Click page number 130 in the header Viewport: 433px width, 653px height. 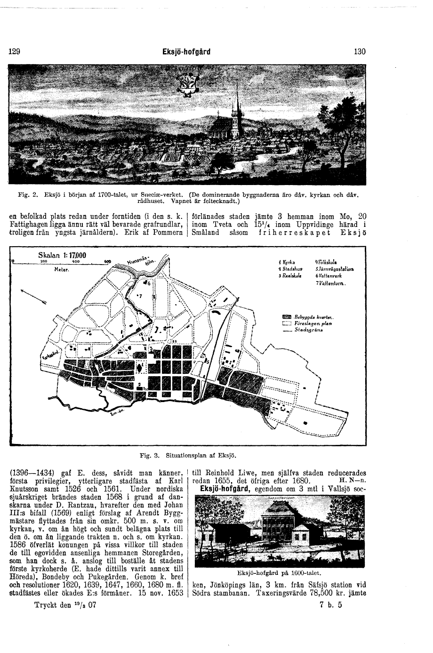(x=360, y=52)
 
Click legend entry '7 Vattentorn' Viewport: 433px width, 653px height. (x=331, y=283)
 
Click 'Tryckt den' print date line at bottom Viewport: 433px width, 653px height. (x=65, y=605)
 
